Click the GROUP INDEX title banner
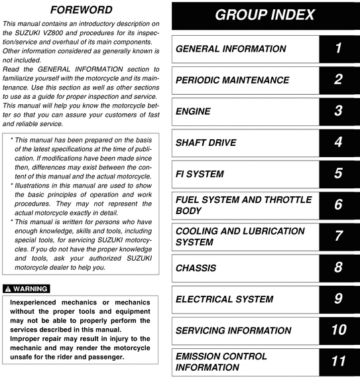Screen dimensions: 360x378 [x=265, y=15]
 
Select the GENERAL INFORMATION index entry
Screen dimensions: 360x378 [x=231, y=49]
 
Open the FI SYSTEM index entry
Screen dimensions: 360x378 [x=200, y=174]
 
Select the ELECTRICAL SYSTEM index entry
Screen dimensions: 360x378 [x=224, y=298]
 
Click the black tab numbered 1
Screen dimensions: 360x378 [x=338, y=49]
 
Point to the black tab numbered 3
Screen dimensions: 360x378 [x=338, y=111]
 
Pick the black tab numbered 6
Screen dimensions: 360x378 [x=338, y=205]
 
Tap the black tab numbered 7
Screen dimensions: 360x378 [x=338, y=236]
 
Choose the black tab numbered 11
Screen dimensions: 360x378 [x=338, y=361]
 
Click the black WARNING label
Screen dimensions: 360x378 [x=26, y=288]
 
